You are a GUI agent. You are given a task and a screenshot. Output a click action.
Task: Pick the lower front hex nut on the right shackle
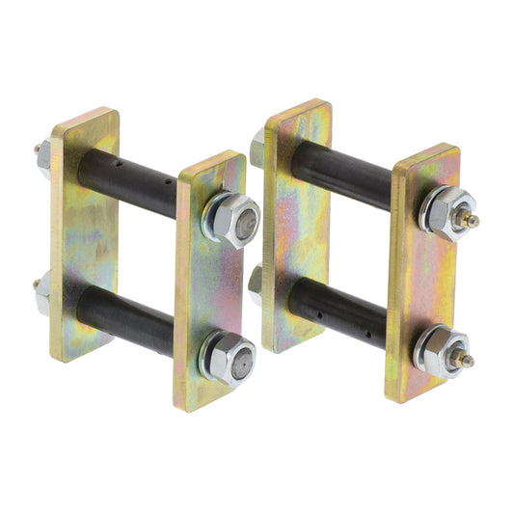(442, 353)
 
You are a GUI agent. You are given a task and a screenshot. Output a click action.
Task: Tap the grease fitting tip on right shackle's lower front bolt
(469, 361)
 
